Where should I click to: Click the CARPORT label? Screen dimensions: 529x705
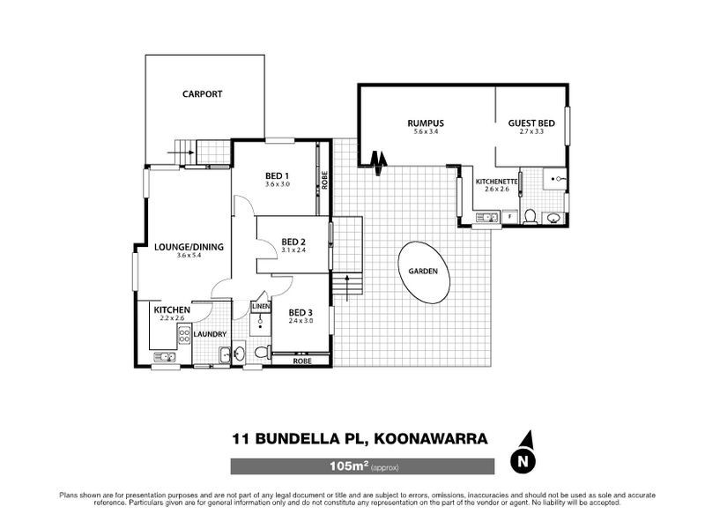click(202, 93)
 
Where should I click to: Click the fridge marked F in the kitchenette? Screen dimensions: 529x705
click(510, 215)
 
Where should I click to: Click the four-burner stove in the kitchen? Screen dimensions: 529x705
click(185, 334)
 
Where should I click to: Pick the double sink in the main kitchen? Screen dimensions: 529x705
click(164, 357)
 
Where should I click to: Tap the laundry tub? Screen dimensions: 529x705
click(226, 355)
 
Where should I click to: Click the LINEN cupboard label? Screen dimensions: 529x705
click(260, 306)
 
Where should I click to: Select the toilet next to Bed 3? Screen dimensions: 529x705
click(259, 354)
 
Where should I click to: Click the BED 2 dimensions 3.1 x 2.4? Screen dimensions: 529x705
click(293, 250)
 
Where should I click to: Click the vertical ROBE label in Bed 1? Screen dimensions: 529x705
click(325, 180)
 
